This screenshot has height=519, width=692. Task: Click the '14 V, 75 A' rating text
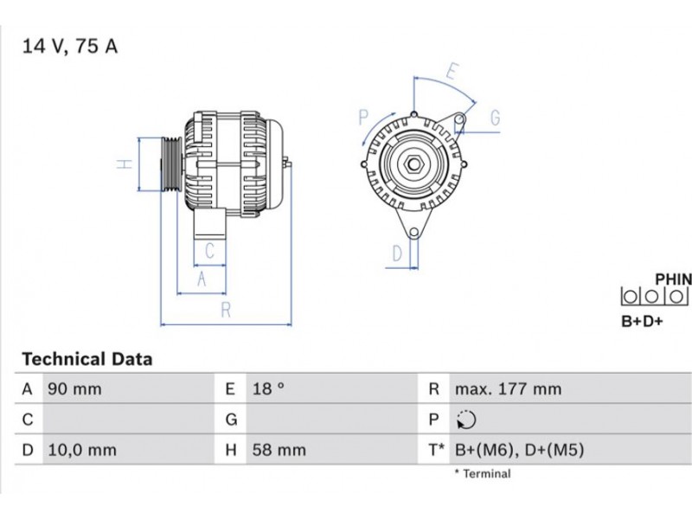point(70,46)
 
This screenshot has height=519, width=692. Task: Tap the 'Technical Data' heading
point(87,359)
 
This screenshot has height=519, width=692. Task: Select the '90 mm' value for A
point(74,388)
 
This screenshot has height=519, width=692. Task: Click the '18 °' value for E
point(268,388)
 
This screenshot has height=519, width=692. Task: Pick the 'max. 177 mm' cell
point(508,388)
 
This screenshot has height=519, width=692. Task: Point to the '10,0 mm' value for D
point(82,450)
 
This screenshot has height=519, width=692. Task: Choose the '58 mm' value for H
point(279,450)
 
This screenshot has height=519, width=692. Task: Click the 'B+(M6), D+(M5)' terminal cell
point(520,450)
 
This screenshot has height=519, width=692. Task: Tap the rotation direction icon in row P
point(466,420)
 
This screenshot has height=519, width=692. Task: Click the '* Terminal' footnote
point(483,473)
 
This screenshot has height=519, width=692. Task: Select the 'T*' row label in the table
point(436,450)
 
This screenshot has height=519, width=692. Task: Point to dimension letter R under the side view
point(226,310)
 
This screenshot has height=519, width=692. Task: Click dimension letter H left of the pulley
point(125,164)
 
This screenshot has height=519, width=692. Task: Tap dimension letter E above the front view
point(452,71)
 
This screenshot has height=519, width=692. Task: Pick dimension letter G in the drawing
point(495,118)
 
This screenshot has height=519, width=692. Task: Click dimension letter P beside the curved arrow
point(363,118)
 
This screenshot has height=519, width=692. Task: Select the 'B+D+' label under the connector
point(642,321)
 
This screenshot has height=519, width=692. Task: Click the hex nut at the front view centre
point(414,164)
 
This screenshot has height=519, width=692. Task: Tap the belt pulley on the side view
point(170,164)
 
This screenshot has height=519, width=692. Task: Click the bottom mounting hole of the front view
point(413,233)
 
